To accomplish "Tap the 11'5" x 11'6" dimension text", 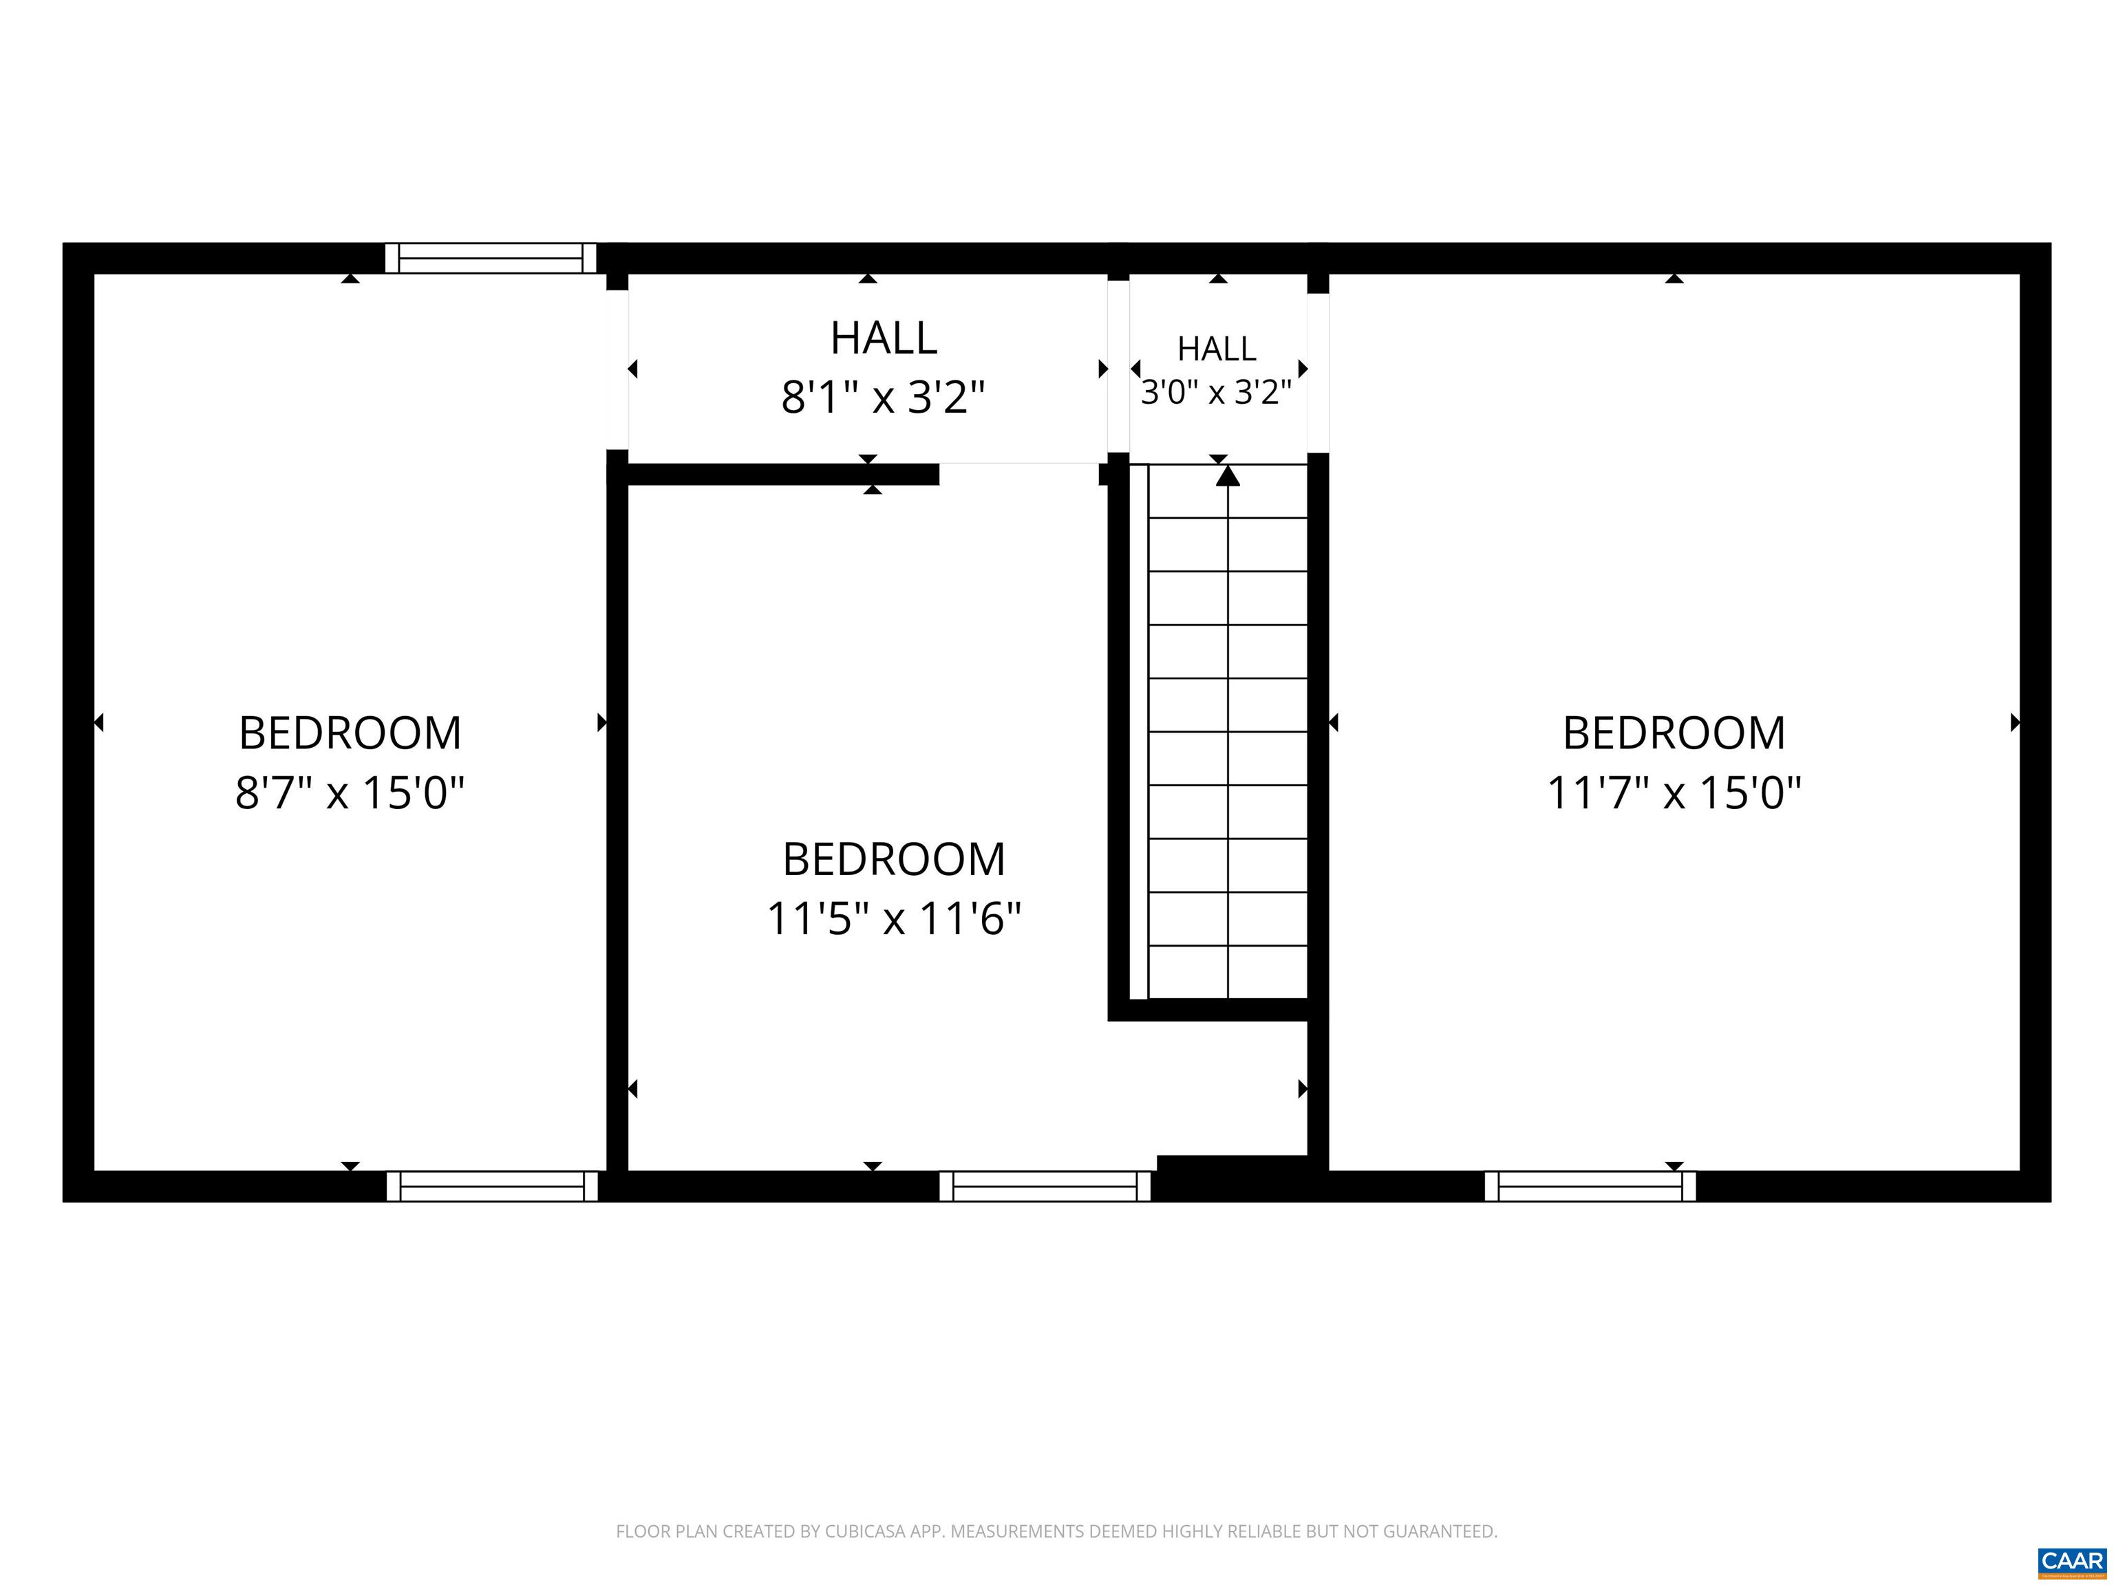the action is click(894, 919).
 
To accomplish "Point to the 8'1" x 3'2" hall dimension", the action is click(883, 396).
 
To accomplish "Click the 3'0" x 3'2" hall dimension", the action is click(1216, 391).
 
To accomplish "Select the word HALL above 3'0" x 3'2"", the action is click(1217, 349).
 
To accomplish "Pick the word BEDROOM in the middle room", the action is click(894, 860).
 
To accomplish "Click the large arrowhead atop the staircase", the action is click(1227, 475).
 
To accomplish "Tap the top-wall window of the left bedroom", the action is click(490, 258).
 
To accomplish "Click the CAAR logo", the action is click(2072, 1561).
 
